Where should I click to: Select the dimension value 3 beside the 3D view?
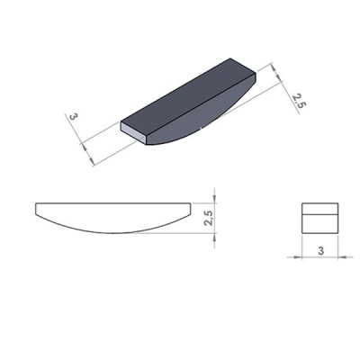(x=71, y=118)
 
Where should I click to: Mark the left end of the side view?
(x=35, y=211)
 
